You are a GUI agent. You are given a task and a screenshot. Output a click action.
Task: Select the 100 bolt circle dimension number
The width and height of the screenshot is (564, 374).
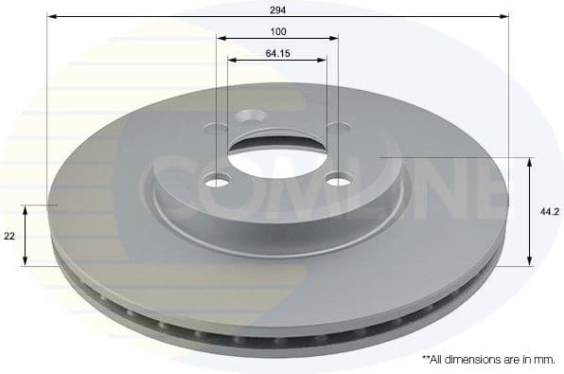point(277,30)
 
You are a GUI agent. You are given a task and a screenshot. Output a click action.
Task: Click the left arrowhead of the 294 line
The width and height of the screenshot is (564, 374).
point(51,16)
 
